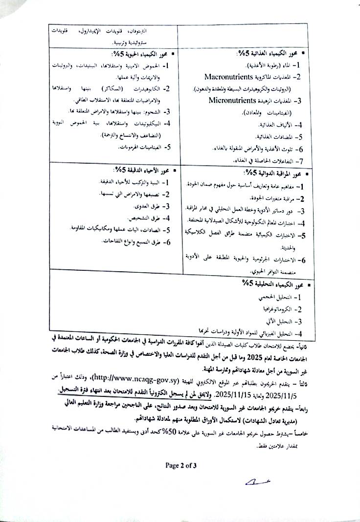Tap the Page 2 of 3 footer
pos(180,465)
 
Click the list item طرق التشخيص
pos(149,218)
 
